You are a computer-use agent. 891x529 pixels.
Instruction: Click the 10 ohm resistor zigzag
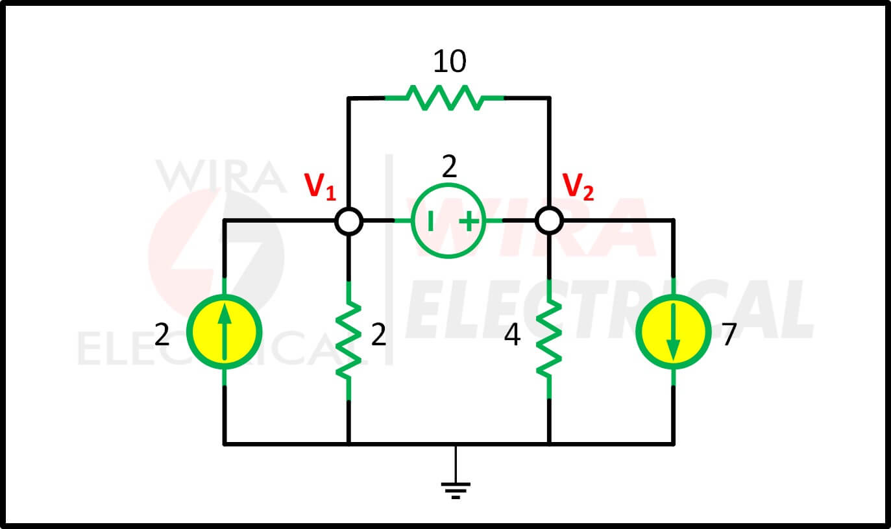click(x=445, y=97)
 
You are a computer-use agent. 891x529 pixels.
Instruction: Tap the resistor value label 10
click(x=450, y=62)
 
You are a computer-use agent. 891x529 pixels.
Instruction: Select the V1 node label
click(x=320, y=186)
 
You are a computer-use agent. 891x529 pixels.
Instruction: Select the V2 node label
click(x=578, y=186)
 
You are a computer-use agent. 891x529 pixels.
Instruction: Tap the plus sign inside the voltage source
click(x=469, y=221)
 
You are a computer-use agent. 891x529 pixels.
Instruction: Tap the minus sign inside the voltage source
click(x=430, y=221)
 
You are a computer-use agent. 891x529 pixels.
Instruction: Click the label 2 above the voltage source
click(x=449, y=167)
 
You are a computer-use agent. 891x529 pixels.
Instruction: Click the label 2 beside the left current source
click(x=162, y=334)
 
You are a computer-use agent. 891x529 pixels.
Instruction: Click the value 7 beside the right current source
click(x=729, y=334)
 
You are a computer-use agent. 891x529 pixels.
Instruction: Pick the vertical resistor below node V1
click(x=349, y=340)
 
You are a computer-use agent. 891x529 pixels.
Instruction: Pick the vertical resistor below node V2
click(x=549, y=340)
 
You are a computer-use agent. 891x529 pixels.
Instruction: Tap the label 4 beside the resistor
click(x=512, y=334)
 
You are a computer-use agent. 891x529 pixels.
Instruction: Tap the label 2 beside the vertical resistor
click(x=379, y=334)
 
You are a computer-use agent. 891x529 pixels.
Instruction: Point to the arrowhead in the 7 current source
click(x=673, y=350)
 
